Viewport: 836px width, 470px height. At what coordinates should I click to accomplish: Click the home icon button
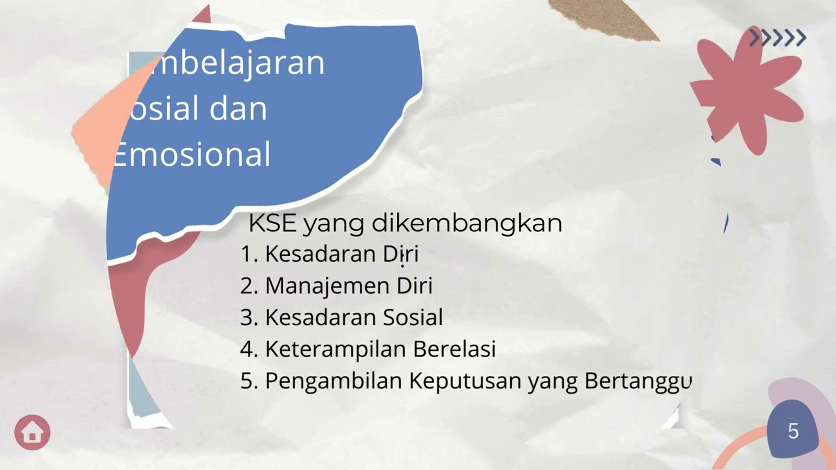[x=32, y=432]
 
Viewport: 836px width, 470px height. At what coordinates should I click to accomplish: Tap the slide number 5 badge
[x=793, y=431]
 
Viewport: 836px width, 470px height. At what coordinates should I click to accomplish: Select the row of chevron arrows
[x=777, y=38]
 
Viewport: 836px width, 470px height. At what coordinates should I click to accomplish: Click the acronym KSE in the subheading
[x=272, y=223]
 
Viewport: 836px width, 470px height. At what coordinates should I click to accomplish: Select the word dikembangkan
[x=466, y=223]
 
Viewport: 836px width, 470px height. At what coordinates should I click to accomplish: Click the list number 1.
[x=248, y=254]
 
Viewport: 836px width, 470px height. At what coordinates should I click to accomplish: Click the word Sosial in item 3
[x=413, y=317]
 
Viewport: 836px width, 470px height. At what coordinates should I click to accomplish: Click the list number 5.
[x=248, y=381]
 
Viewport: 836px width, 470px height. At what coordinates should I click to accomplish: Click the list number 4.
[x=248, y=349]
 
